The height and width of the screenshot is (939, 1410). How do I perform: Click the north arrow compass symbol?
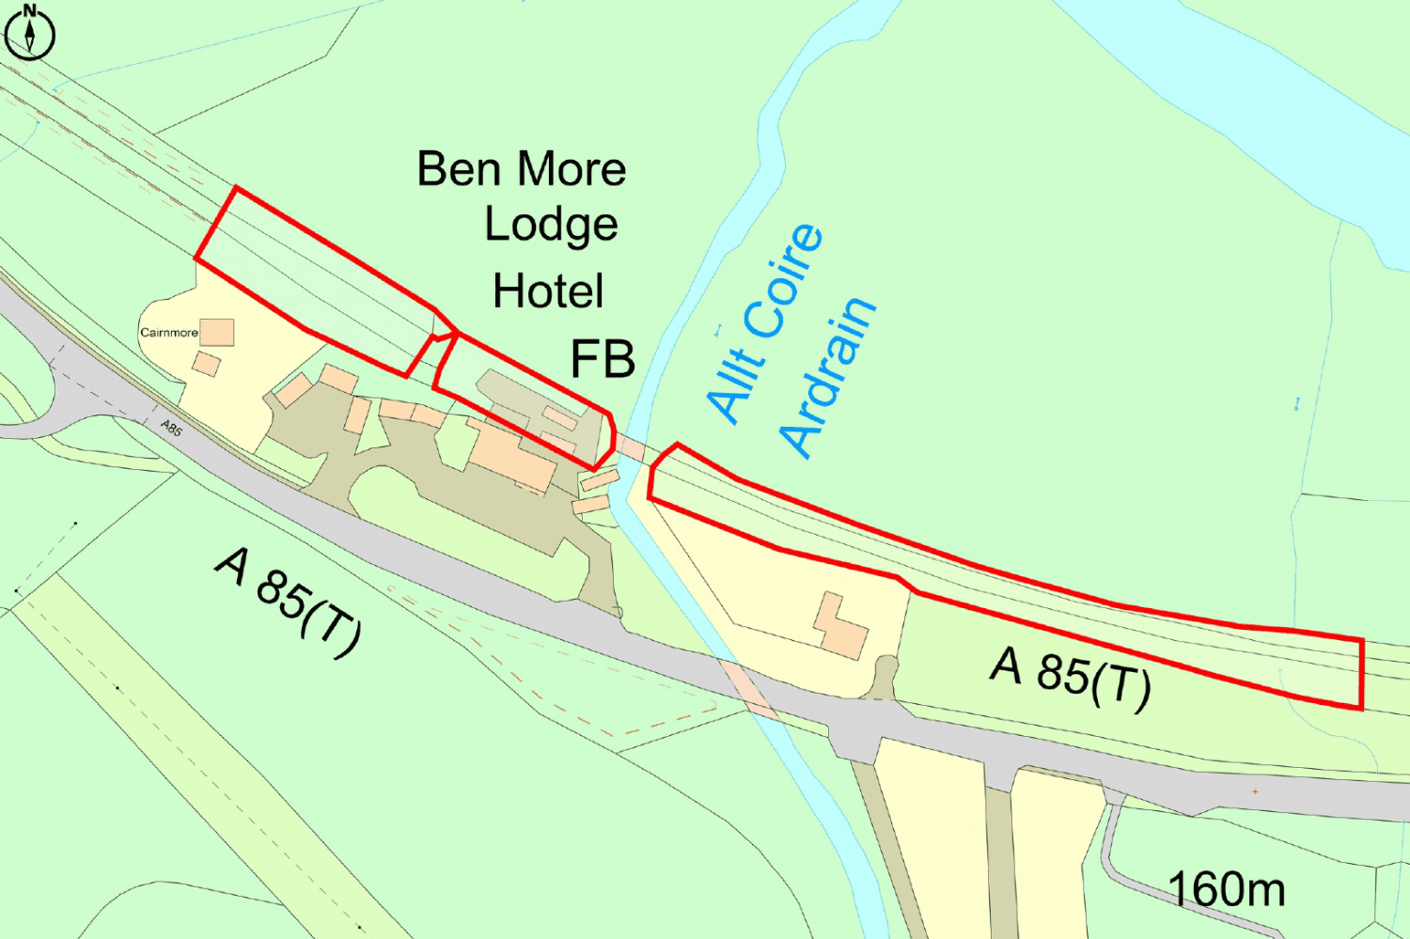pos(29,34)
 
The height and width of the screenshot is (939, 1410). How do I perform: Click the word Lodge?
pos(551,226)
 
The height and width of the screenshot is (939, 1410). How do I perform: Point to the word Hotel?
pos(548,291)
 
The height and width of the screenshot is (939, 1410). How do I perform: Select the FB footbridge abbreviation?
pos(603,359)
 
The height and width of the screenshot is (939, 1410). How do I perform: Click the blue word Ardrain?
pos(827,376)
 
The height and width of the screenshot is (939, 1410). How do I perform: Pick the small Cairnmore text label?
pos(169,333)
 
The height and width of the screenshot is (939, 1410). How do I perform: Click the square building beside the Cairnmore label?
pos(217,332)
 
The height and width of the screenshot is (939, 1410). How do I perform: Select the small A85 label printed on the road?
pos(171,429)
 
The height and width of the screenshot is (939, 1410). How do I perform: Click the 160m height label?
pos(1226,889)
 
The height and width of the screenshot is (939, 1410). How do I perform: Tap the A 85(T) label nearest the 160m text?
pos(1071,677)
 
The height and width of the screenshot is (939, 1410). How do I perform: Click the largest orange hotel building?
pos(513,459)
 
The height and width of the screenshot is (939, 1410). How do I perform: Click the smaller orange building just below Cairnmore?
pos(207,364)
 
